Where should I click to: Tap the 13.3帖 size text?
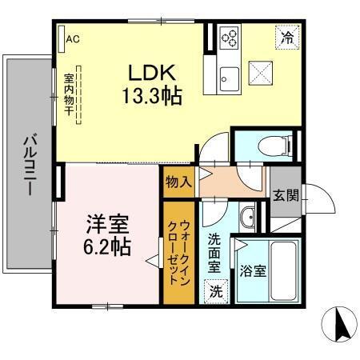[x=152, y=97]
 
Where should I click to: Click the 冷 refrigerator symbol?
[x=286, y=36]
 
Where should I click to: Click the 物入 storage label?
[x=177, y=182]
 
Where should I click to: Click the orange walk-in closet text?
[x=177, y=252]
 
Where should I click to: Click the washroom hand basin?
[x=247, y=217]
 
